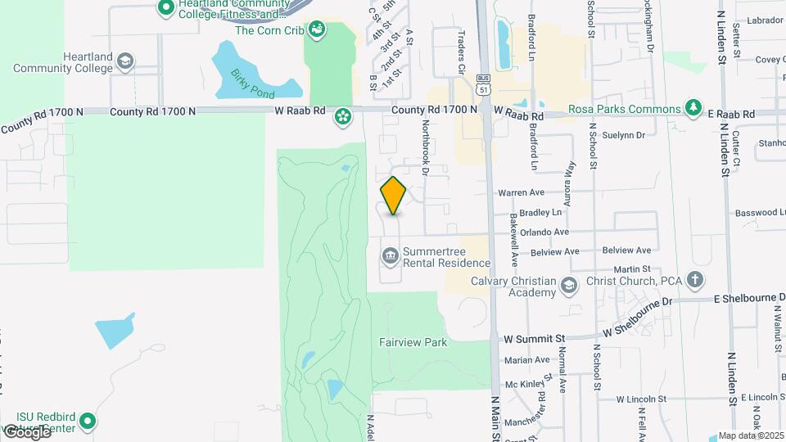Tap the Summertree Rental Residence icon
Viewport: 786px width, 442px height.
pos(390,257)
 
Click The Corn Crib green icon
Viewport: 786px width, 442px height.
pos(317,31)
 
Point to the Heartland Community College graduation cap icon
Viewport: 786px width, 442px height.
pos(125,61)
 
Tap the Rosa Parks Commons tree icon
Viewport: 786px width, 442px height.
pos(694,108)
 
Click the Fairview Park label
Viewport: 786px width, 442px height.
pos(413,342)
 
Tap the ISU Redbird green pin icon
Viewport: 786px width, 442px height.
pos(87,422)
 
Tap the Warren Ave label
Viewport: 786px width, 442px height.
pos(522,193)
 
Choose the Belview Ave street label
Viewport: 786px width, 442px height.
pos(626,250)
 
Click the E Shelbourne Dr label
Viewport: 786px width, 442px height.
pos(749,299)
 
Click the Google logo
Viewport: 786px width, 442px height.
pos(26,432)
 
